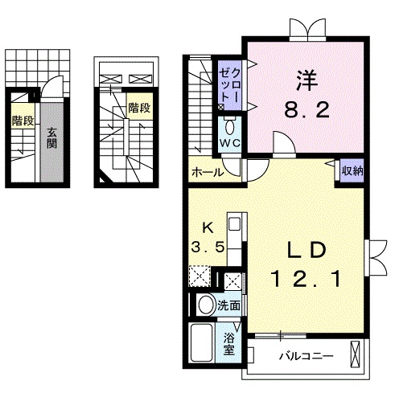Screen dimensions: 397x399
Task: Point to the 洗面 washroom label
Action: [229, 305]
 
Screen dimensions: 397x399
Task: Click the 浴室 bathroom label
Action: [229, 341]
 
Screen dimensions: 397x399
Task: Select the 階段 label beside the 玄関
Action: [23, 121]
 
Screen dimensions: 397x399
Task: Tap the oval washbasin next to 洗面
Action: [206, 305]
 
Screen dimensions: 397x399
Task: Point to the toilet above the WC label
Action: [231, 126]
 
